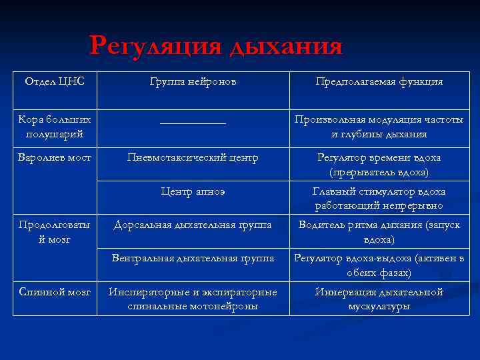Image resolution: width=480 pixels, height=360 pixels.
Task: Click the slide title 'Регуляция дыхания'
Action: pyautogui.click(x=216, y=46)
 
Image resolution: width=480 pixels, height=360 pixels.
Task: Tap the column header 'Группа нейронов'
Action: pyautogui.click(x=193, y=81)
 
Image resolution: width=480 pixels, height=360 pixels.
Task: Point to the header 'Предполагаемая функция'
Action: pyautogui.click(x=379, y=81)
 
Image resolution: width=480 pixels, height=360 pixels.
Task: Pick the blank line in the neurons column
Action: pyautogui.click(x=193, y=121)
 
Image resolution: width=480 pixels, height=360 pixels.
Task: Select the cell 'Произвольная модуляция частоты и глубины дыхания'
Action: pyautogui.click(x=379, y=127)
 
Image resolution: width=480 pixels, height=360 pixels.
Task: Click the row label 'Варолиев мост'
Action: pyautogui.click(x=55, y=158)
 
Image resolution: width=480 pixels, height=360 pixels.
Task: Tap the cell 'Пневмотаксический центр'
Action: pyautogui.click(x=193, y=158)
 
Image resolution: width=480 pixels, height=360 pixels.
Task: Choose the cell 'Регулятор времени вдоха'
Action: pyautogui.click(x=379, y=165)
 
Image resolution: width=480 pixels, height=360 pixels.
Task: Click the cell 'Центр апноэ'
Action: pyautogui.click(x=193, y=192)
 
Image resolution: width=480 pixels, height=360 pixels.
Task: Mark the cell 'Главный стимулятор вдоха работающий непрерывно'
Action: pyautogui.click(x=379, y=199)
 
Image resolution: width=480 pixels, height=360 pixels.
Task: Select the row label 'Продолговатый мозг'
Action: pyautogui.click(x=55, y=232)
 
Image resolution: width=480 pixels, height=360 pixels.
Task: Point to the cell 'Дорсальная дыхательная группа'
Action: pyautogui.click(x=193, y=225)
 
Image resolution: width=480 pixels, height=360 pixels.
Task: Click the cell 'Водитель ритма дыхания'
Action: pyautogui.click(x=379, y=232)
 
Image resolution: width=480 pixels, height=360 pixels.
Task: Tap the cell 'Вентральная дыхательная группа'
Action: pyautogui.click(x=193, y=258)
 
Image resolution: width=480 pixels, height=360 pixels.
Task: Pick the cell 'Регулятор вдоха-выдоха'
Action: pyautogui.click(x=379, y=265)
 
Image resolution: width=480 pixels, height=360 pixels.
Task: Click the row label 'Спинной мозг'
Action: pyautogui.click(x=55, y=292)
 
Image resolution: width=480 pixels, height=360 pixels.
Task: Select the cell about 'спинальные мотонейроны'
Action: pyautogui.click(x=193, y=299)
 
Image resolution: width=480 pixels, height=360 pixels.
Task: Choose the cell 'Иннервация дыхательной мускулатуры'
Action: pyautogui.click(x=379, y=299)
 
